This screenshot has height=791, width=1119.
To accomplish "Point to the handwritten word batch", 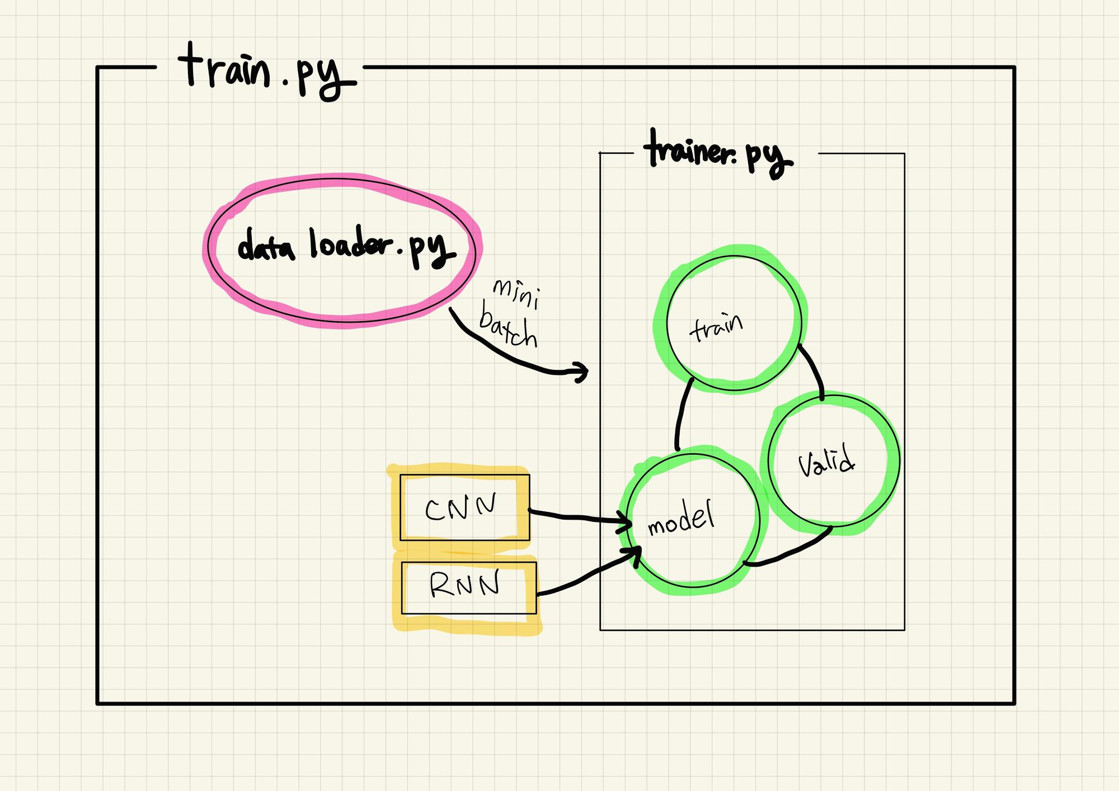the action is pos(508,330).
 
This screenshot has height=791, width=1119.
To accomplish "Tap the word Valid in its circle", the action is pos(826,462).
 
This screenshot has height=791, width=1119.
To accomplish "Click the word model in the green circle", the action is pos(681,519).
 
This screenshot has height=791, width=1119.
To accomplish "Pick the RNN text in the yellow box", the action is pos(464,586).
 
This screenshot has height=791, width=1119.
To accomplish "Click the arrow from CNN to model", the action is pos(576,518).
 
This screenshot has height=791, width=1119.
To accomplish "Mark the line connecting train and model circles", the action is pos(682,414).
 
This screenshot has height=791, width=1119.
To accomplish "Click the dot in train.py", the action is pos(286,86).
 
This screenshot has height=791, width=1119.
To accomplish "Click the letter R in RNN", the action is pos(440,586).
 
